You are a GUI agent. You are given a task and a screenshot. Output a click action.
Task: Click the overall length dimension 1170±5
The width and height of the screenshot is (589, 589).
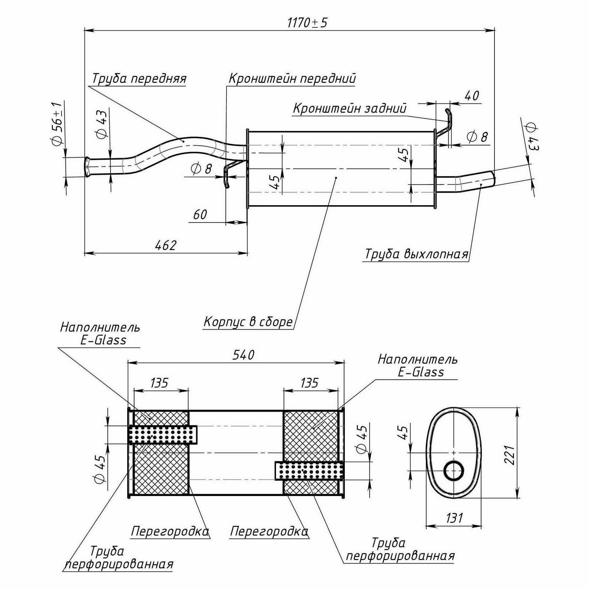click(307, 23)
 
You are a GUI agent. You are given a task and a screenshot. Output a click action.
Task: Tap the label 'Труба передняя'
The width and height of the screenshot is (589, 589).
click(139, 79)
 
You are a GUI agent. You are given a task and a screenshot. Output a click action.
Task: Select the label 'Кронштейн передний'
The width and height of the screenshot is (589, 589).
click(292, 79)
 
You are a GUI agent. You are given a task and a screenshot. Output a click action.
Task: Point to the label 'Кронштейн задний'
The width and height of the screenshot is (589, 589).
click(349, 108)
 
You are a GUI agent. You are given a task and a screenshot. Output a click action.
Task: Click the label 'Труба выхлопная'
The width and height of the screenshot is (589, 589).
click(417, 254)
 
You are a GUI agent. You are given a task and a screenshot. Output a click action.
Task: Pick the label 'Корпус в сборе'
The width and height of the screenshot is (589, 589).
click(248, 322)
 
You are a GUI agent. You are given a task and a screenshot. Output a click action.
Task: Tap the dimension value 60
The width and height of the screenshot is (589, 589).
click(200, 215)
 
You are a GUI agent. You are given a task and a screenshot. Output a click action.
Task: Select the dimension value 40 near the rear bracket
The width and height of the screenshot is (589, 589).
click(472, 96)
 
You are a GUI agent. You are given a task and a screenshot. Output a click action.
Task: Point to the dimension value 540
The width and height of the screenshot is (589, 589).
click(243, 355)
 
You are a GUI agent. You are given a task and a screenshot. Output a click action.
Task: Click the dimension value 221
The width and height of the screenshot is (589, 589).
click(509, 455)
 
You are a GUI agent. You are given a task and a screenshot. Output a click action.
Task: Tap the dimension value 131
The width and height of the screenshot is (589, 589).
click(455, 518)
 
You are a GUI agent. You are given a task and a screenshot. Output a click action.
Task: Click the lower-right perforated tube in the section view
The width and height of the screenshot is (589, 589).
click(309, 471)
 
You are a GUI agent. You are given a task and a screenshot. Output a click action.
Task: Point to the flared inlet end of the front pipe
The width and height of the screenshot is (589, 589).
click(87, 167)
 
